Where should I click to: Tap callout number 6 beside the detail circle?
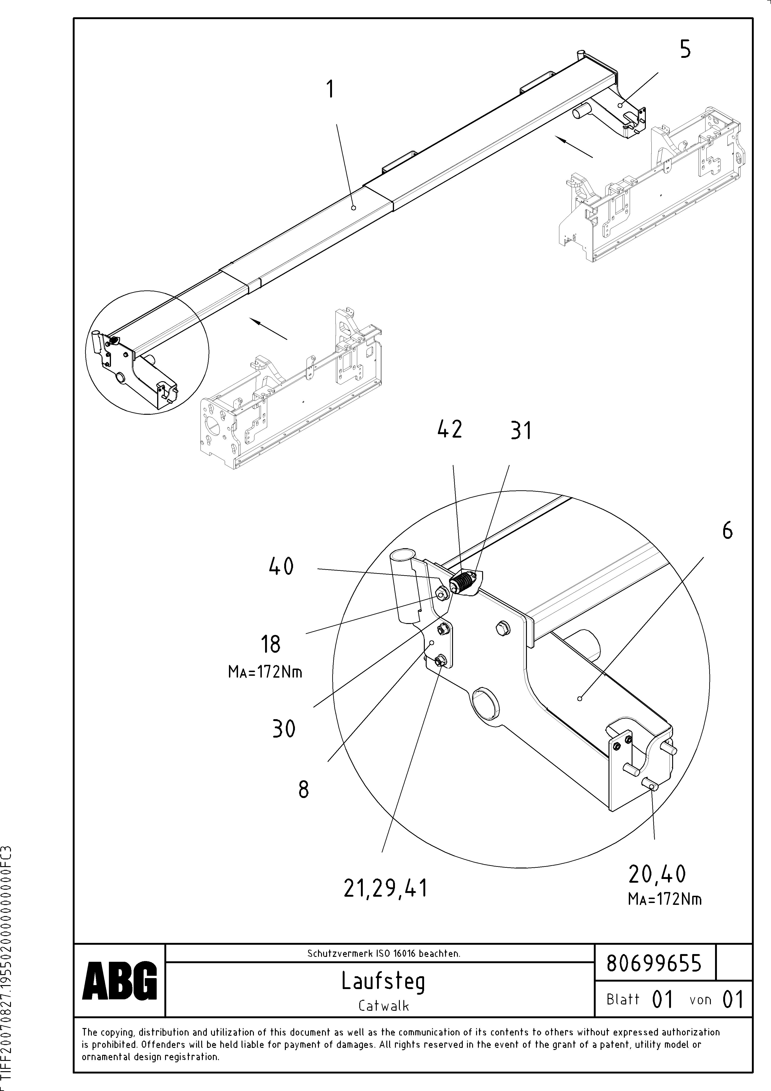(727, 530)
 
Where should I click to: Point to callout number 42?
(449, 429)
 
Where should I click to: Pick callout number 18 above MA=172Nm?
(270, 645)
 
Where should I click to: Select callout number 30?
(284, 728)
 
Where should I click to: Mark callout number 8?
(304, 789)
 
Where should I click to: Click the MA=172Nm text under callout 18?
(265, 672)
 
